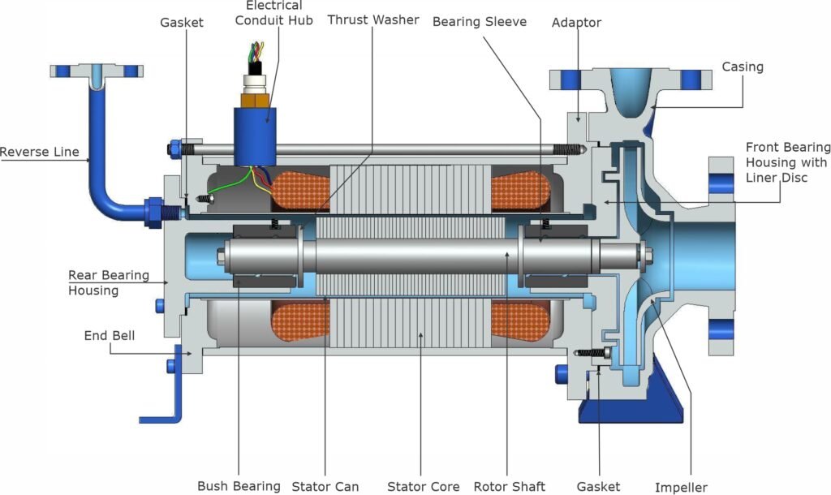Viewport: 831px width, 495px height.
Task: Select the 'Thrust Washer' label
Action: point(372,19)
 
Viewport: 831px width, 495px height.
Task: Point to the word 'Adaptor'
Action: point(576,23)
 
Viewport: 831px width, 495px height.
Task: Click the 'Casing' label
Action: point(743,67)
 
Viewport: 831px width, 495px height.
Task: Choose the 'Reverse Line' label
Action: point(40,152)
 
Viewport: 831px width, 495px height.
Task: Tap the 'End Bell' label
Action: point(110,335)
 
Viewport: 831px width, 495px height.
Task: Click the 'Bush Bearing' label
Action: point(239,486)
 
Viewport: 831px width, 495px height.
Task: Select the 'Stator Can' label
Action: point(325,486)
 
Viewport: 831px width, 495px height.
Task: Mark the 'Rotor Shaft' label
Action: point(510,486)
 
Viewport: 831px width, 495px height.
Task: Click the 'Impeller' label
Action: point(681,487)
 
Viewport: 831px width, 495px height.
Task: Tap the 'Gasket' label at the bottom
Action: point(598,486)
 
